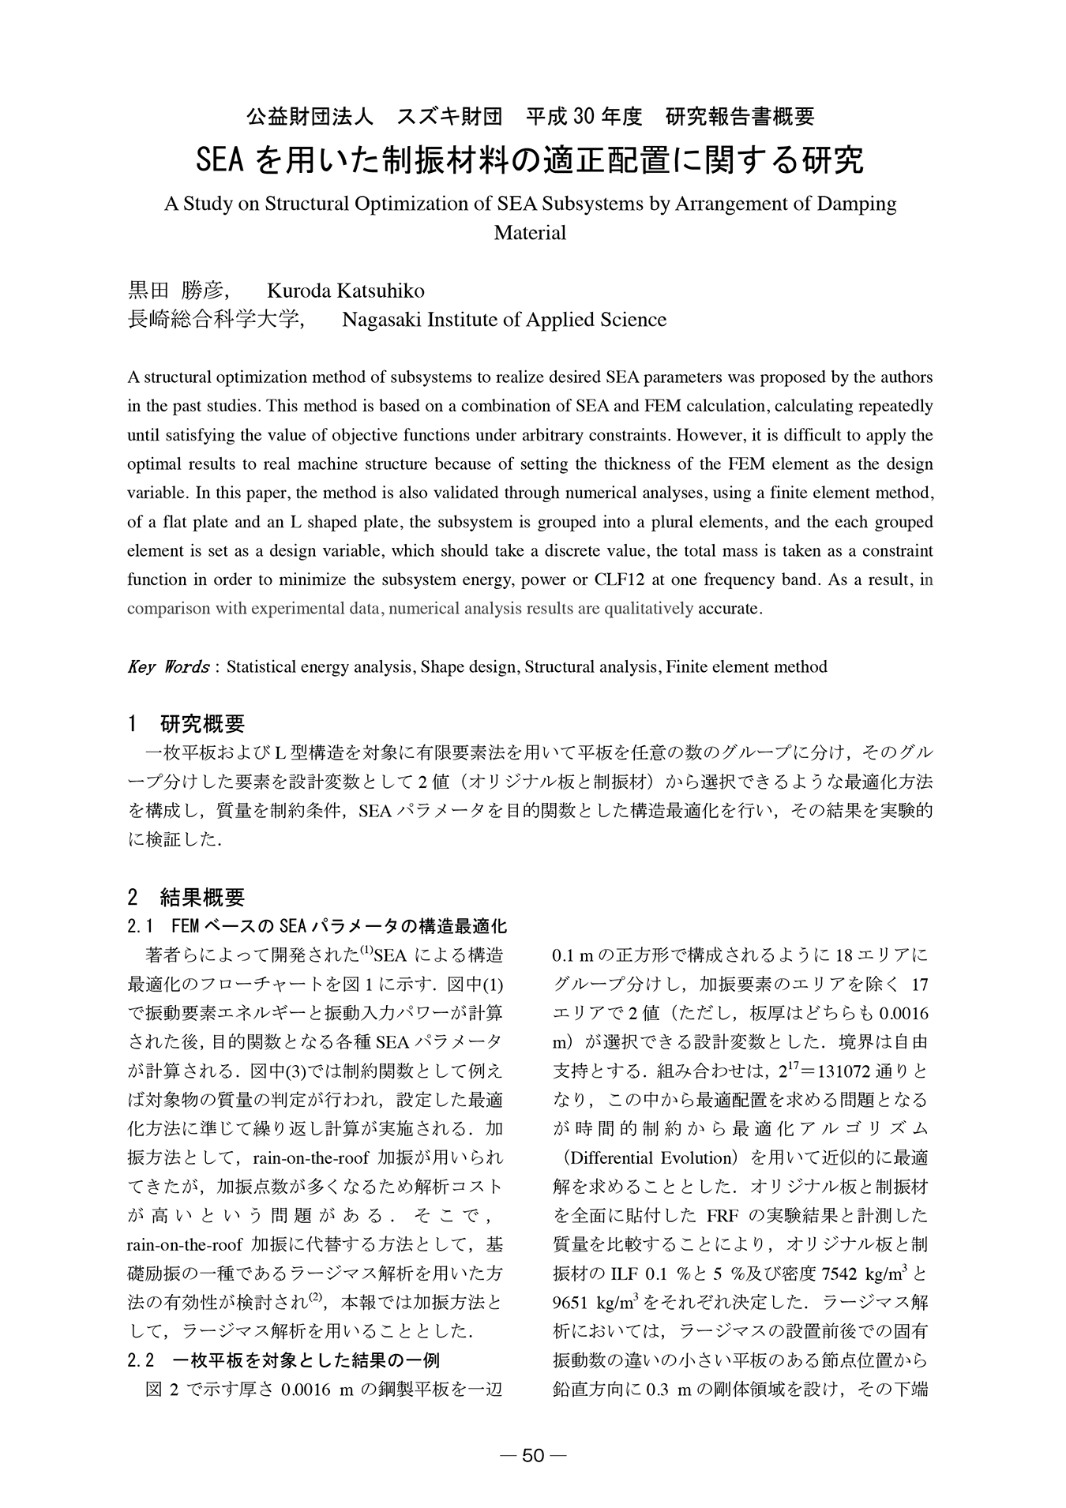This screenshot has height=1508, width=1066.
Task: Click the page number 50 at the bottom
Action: pyautogui.click(x=533, y=1456)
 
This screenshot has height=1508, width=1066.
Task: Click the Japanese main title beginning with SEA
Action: pyautogui.click(x=531, y=160)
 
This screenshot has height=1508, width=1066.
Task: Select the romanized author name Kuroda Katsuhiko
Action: pyautogui.click(x=346, y=291)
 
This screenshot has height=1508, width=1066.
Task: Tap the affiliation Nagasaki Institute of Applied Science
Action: pyautogui.click(x=504, y=319)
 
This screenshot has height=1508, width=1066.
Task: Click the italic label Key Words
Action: pyautogui.click(x=167, y=666)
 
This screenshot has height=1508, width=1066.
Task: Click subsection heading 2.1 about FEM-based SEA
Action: pyautogui.click(x=317, y=925)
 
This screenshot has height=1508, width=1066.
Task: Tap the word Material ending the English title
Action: pyautogui.click(x=530, y=233)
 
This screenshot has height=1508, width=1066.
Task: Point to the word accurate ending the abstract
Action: pyautogui.click(x=730, y=609)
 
